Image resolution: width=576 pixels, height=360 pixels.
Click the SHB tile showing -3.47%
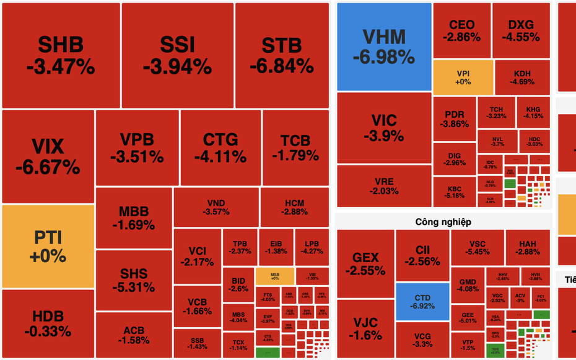click(61, 55)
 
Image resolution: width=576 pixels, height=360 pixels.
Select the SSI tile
click(177, 55)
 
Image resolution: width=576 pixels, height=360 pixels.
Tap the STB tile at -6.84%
click(282, 55)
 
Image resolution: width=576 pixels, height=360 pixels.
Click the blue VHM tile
click(384, 46)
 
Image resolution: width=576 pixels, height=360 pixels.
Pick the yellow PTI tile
click(48, 247)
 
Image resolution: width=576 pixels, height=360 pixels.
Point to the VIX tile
click(48, 156)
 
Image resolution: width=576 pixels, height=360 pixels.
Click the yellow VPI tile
click(463, 77)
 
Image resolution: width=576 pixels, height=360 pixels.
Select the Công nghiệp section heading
click(443, 221)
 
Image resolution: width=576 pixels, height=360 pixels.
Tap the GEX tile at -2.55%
click(365, 263)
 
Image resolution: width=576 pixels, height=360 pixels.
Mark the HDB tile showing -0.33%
click(48, 324)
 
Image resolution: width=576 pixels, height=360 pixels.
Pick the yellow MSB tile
click(274, 276)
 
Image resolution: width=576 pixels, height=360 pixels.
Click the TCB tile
click(295, 147)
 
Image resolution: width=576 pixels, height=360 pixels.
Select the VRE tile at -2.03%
click(383, 186)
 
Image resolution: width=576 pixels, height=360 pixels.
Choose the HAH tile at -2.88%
click(528, 247)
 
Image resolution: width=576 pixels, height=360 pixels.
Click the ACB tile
click(133, 335)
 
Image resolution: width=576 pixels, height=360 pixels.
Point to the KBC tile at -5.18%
click(454, 191)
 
